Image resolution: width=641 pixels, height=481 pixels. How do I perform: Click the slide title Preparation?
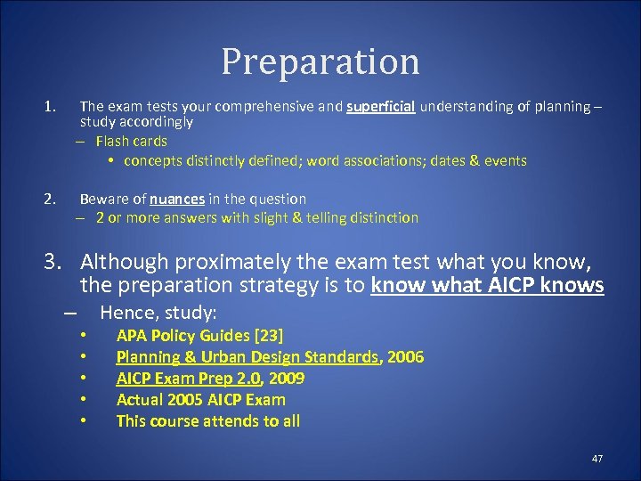tap(320, 61)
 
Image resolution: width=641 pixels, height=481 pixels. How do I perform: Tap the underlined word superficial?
tap(380, 107)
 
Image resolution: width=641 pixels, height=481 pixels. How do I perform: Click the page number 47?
tap(596, 458)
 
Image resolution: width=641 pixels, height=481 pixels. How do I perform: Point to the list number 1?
tap(49, 107)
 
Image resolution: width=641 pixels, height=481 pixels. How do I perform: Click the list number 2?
tap(50, 199)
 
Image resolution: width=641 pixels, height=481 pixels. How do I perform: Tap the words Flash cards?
tap(131, 141)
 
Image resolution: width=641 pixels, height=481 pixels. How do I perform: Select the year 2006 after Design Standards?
tap(406, 356)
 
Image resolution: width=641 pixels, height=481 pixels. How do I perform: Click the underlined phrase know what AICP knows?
tap(488, 285)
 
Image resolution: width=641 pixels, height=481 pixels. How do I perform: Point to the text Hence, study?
tap(158, 312)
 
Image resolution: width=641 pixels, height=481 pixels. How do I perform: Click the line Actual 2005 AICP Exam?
tap(201, 399)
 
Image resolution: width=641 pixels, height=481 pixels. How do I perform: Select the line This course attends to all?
tap(208, 420)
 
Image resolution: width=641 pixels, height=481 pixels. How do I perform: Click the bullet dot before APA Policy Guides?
tap(82, 336)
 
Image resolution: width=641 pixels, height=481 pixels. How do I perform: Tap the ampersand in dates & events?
tap(475, 161)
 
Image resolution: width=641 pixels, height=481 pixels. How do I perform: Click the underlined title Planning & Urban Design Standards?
tap(247, 356)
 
